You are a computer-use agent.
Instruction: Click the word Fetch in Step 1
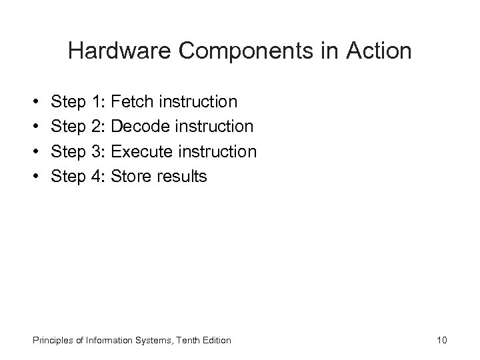coord(133,102)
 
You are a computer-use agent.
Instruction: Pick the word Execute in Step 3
coord(142,151)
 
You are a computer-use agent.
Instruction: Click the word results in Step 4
coord(183,176)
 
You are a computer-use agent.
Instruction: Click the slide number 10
coord(441,341)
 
